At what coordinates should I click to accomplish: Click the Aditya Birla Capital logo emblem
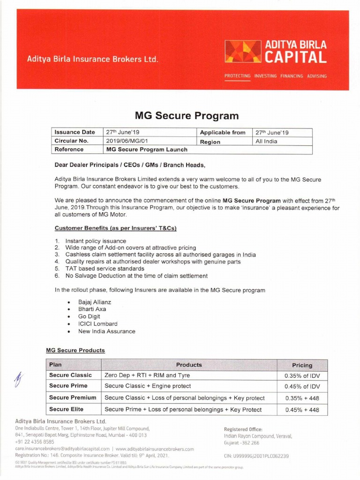(243, 52)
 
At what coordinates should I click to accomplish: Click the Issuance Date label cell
(75, 133)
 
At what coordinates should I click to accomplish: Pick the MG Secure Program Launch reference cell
(147, 150)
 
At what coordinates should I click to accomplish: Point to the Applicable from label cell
(223, 133)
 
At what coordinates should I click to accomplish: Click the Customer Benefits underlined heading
(115, 228)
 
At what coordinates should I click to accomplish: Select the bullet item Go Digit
(89, 316)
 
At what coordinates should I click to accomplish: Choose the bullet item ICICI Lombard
(97, 324)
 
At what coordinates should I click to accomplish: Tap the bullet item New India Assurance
(106, 331)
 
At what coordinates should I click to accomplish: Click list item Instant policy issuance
(95, 241)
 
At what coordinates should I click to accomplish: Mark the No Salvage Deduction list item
(136, 276)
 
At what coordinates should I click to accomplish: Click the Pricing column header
(302, 365)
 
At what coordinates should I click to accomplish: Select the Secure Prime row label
(68, 386)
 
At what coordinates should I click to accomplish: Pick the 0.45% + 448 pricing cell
(302, 410)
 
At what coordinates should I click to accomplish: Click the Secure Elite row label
(66, 409)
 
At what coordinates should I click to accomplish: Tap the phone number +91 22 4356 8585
(35, 442)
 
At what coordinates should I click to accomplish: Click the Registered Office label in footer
(243, 429)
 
